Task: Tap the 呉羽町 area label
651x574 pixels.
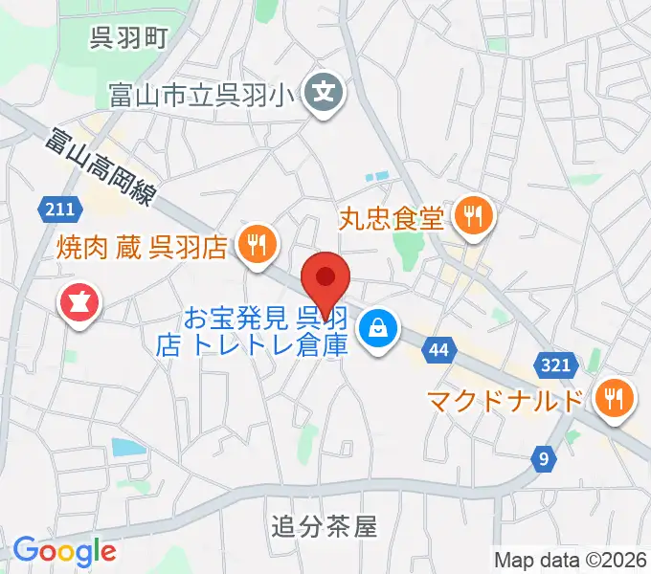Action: tap(129, 38)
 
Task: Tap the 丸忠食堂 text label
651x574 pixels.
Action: tap(393, 218)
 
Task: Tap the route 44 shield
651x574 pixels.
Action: tap(438, 351)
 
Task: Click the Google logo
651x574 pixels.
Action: tap(65, 551)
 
